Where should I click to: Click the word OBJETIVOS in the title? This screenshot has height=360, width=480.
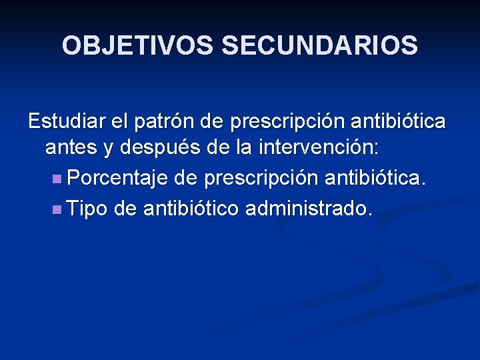pyautogui.click(x=138, y=46)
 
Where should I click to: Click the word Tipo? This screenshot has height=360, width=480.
pyautogui.click(x=88, y=208)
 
